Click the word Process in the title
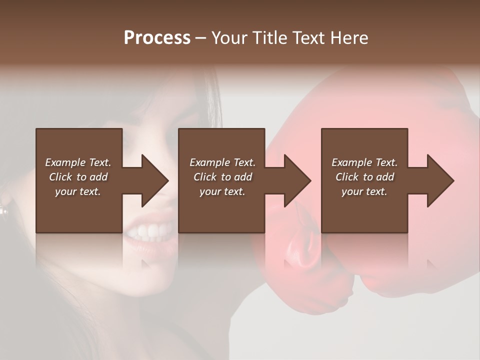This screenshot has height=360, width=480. pyautogui.click(x=157, y=38)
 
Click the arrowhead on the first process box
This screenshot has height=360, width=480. pyautogui.click(x=154, y=180)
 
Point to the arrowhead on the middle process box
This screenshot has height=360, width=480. pyautogui.click(x=296, y=180)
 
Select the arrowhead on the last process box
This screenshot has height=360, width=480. pyautogui.click(x=439, y=180)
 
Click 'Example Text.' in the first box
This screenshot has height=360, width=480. pyautogui.click(x=78, y=162)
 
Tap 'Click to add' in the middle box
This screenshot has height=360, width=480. pyautogui.click(x=222, y=177)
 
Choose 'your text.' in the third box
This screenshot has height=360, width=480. pyautogui.click(x=364, y=191)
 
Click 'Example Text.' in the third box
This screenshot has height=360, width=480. pyautogui.click(x=364, y=162)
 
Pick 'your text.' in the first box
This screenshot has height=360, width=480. pyautogui.click(x=78, y=191)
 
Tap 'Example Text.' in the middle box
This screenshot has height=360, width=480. pyautogui.click(x=222, y=162)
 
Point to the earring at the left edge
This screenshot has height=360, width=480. pyautogui.click(x=4, y=210)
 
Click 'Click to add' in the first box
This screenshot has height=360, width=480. pyautogui.click(x=78, y=177)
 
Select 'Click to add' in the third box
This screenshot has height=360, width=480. pyautogui.click(x=364, y=177)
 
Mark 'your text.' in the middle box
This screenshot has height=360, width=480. pyautogui.click(x=222, y=191)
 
